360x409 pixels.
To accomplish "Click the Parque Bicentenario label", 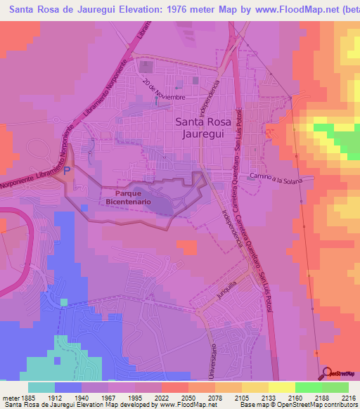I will (x=128, y=197).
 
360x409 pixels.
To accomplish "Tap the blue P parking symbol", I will (x=67, y=170).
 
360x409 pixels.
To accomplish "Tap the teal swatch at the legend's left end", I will (x=41, y=387).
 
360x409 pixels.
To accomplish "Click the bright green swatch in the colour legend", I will (x=308, y=387).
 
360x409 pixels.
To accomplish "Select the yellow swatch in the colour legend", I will (x=281, y=387).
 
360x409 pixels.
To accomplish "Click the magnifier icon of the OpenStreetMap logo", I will (x=326, y=373).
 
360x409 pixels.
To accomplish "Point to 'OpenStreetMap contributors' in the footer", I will (x=321, y=405).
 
